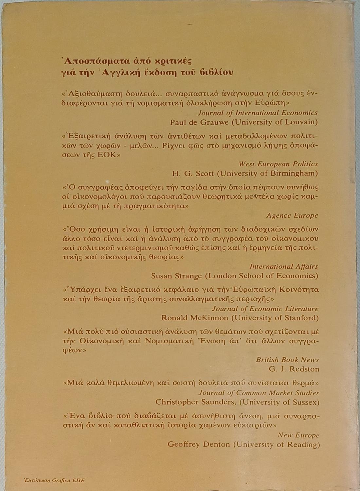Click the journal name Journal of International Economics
point(257,113)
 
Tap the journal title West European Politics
point(278,164)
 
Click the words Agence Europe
point(292,215)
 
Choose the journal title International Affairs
point(284,266)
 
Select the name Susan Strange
point(176,276)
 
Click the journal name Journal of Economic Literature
point(265,308)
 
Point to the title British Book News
point(287,359)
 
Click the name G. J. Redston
point(294,369)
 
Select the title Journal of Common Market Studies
point(259,392)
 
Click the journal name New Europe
point(298,435)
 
